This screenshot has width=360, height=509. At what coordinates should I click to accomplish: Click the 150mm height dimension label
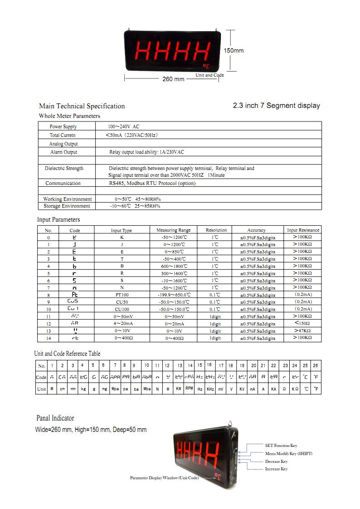click(234, 50)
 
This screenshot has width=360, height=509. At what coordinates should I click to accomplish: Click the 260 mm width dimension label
click(173, 79)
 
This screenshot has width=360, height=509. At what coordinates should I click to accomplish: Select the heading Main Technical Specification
click(82, 106)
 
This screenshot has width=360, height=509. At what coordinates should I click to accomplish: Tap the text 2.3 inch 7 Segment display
click(276, 106)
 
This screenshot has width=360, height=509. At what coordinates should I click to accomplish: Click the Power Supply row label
click(63, 127)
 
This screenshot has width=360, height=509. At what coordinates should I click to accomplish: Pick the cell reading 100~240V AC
click(123, 127)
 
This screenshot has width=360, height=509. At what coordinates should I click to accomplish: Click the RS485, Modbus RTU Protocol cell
click(152, 183)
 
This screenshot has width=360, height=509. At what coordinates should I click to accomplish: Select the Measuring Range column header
click(173, 230)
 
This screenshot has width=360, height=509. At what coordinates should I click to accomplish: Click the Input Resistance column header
click(303, 230)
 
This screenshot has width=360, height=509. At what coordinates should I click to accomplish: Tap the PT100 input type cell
click(122, 295)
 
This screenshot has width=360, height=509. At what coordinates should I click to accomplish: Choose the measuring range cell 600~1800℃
click(173, 266)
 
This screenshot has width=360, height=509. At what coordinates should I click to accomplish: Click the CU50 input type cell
click(122, 302)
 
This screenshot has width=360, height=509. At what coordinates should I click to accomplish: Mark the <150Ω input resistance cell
click(302, 324)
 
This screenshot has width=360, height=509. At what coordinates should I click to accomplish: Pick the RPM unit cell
click(189, 388)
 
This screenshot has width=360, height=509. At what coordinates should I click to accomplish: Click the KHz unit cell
click(210, 389)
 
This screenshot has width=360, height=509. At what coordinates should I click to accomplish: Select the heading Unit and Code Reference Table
click(67, 354)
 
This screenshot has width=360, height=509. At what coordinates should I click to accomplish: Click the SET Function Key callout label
click(281, 446)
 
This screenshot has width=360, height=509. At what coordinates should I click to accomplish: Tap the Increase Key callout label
click(276, 469)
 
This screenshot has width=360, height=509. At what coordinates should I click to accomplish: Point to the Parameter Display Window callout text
click(164, 478)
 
